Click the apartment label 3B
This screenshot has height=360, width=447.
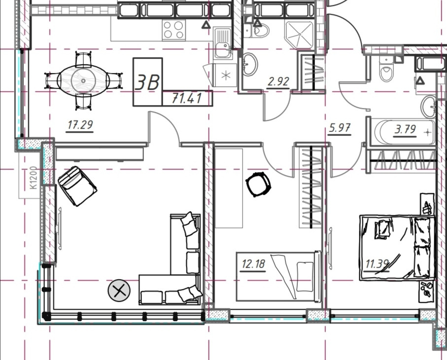point(147,82)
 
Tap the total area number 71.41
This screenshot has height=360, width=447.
point(187,99)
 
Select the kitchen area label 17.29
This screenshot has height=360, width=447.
point(80,125)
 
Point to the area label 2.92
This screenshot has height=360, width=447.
point(278,81)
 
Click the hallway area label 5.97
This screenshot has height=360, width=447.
point(340,128)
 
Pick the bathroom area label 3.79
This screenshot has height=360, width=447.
point(405,130)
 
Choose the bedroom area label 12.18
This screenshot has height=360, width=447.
point(253,264)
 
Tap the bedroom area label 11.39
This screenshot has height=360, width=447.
point(377,264)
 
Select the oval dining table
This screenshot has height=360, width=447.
point(83,81)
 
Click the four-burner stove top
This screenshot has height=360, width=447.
point(173,30)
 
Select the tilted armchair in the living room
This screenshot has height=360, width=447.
point(77,186)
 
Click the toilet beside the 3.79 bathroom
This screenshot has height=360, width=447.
point(386,69)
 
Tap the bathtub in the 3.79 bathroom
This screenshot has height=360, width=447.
point(404,133)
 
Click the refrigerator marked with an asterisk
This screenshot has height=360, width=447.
point(226,75)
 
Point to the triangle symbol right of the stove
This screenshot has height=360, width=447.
point(206,25)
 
